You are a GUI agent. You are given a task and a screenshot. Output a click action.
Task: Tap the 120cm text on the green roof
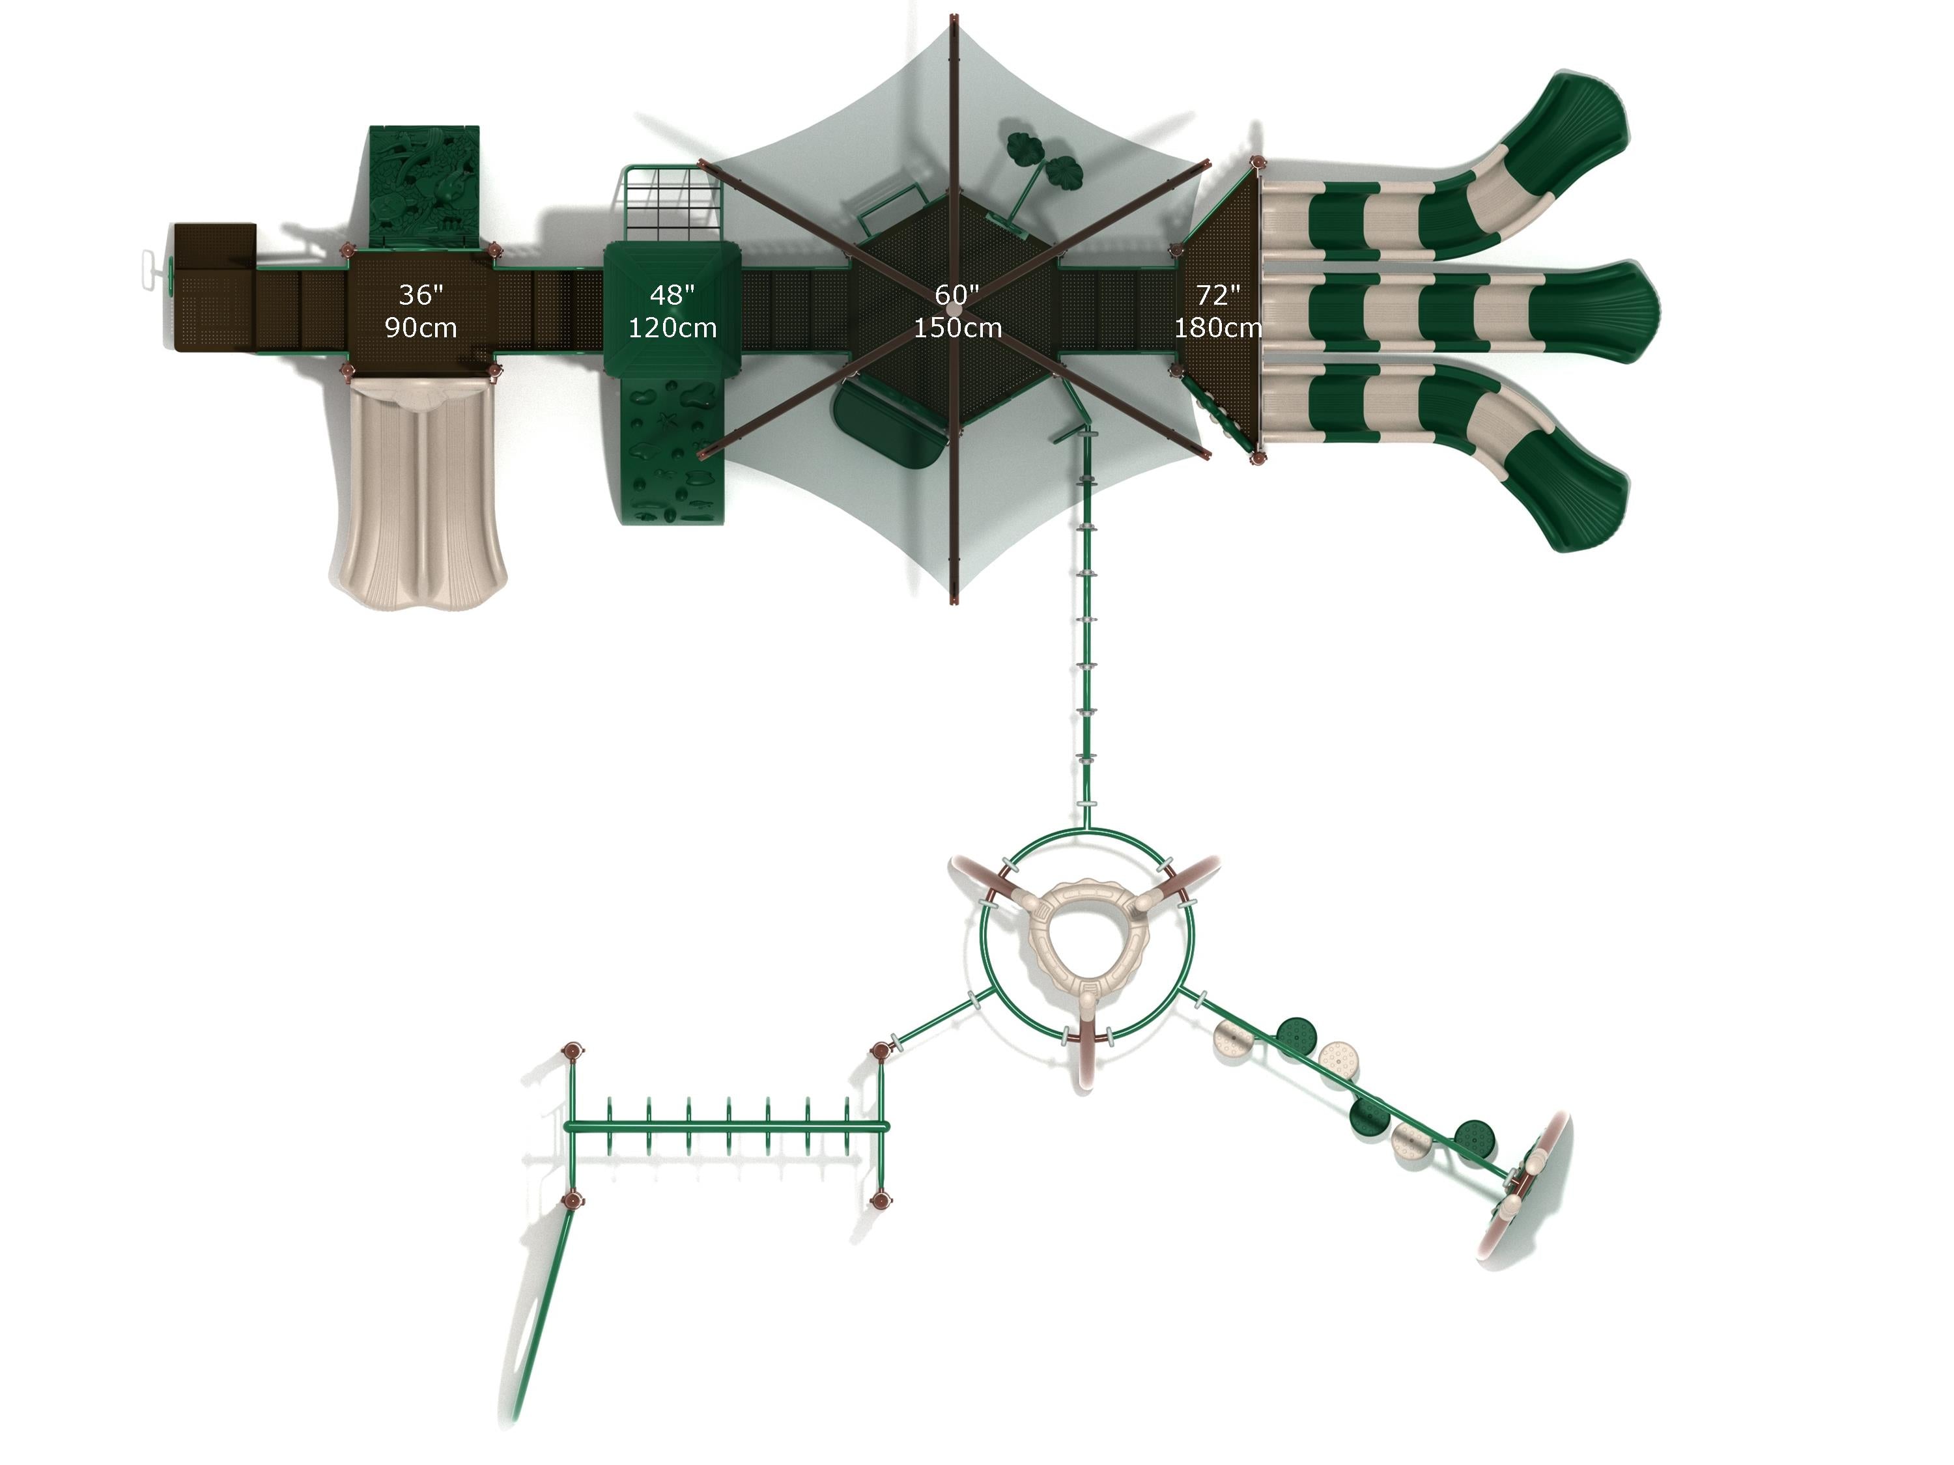point(672,328)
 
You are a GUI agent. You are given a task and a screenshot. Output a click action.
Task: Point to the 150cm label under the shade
point(957,328)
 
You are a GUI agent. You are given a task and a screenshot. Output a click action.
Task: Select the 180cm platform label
point(1217,328)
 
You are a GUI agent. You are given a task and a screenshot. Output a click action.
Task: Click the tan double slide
point(419,491)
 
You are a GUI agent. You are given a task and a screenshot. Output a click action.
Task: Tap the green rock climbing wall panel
point(673,451)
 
